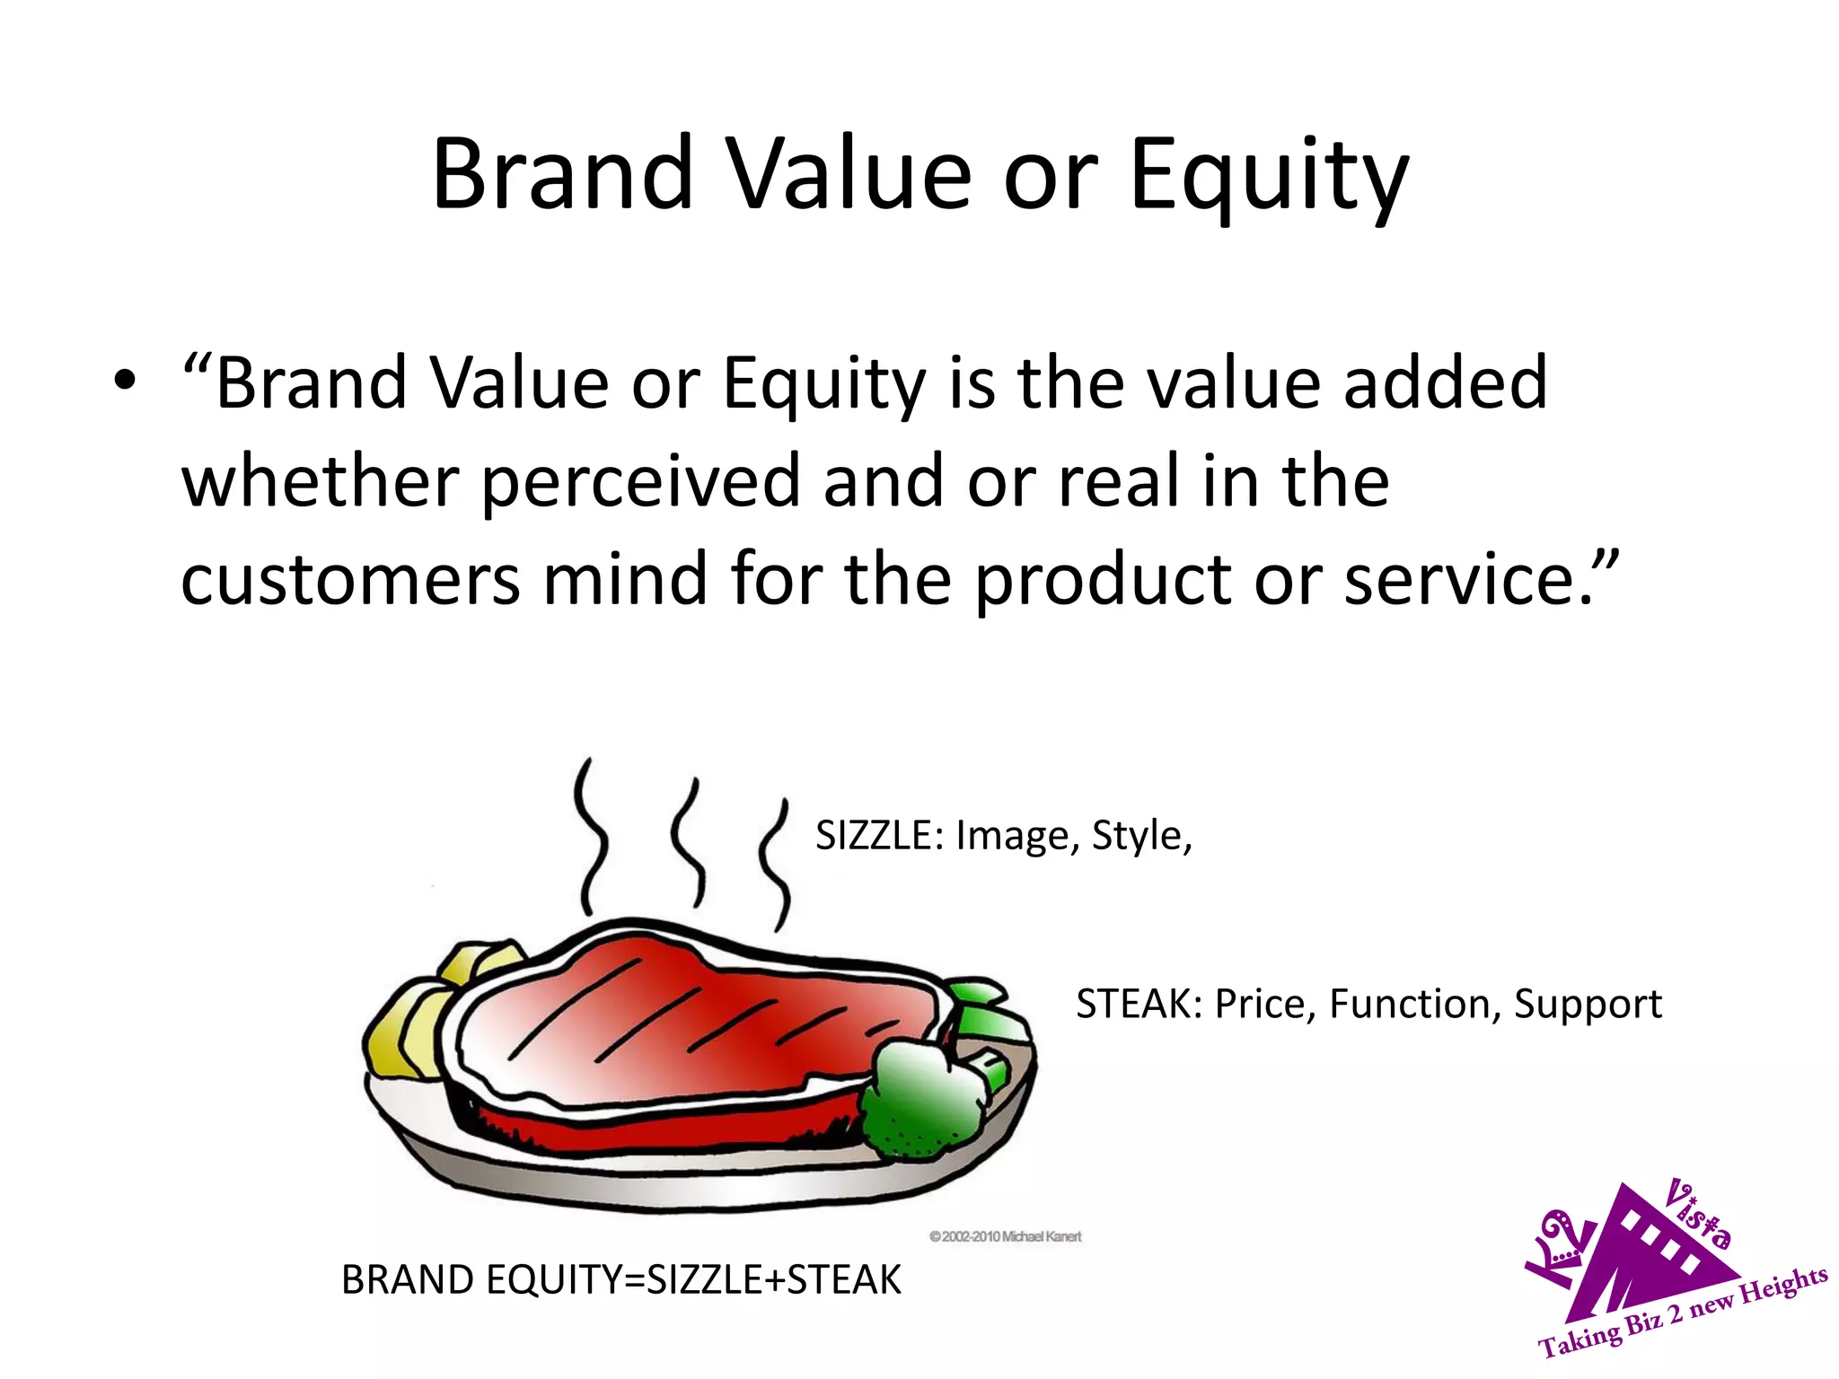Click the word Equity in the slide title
coord(1269,176)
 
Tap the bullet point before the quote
coord(125,382)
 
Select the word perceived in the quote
coord(639,482)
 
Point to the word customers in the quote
coord(350,579)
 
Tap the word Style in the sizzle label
coord(1136,836)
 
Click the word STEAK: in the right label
coord(1138,1004)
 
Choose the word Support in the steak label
coord(1588,1005)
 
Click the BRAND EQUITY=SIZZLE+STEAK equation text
coord(620,1279)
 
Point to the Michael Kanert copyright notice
coord(1005,1237)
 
